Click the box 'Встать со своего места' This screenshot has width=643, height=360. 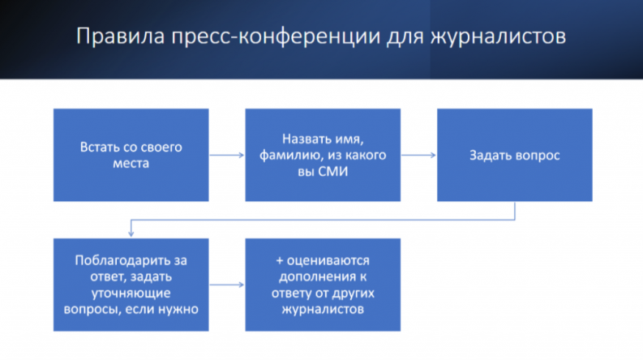pos(131,154)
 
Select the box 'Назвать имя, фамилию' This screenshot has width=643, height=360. pos(323,154)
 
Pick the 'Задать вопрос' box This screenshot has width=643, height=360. pos(514,154)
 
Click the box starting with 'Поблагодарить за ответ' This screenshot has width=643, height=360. pos(131,284)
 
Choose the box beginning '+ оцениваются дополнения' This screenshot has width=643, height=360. pos(323,284)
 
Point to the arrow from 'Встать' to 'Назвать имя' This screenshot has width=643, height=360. pos(227,155)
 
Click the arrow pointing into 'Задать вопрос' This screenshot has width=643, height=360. pos(418,155)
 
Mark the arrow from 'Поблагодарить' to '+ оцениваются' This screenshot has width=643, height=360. pos(227,285)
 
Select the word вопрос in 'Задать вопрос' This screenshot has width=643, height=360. pos(538,155)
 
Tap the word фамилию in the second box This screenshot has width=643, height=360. pos(282,155)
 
